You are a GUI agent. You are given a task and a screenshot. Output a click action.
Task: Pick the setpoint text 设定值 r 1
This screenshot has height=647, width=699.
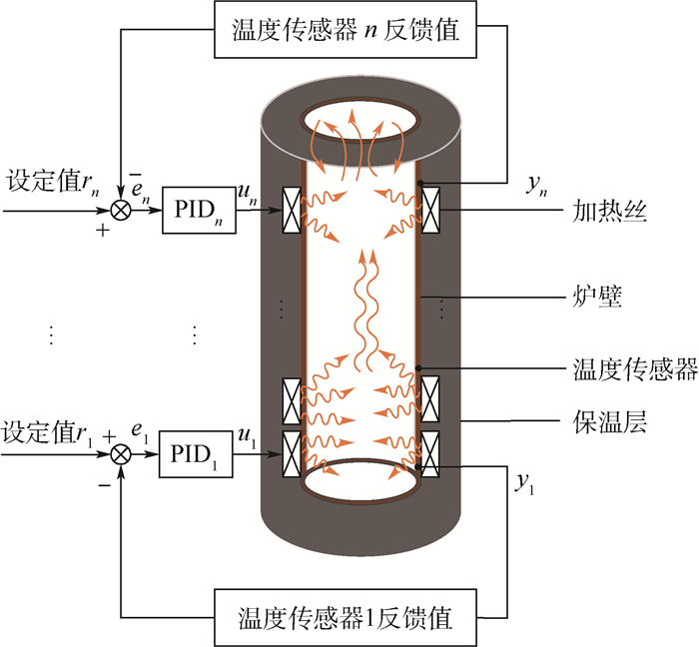44,432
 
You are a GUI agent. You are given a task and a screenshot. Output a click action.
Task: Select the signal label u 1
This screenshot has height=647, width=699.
249,437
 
